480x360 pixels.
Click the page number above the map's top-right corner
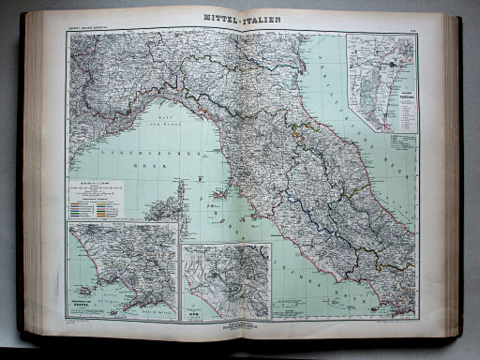412,34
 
